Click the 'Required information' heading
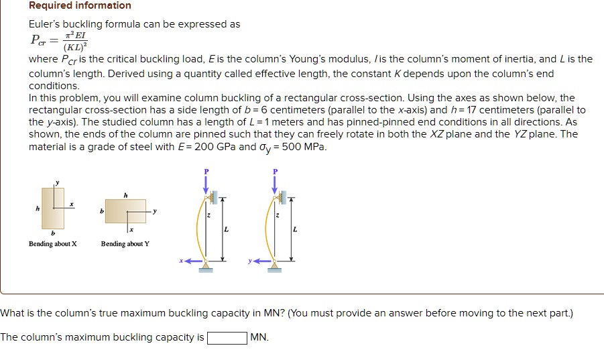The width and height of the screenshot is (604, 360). pos(80,6)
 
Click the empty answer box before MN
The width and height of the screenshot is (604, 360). pos(227,337)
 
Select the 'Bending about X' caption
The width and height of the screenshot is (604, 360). pos(52,244)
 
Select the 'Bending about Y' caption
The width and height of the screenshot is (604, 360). pos(125,244)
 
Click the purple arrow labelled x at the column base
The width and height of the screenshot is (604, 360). pos(192,261)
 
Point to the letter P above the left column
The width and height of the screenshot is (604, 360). pos(206,172)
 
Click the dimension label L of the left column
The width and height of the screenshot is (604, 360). pos(226,230)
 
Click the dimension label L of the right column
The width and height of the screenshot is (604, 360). pos(295,230)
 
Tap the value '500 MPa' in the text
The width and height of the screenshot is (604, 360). pos(306,147)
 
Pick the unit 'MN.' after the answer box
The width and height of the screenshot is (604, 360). pos(259,337)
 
